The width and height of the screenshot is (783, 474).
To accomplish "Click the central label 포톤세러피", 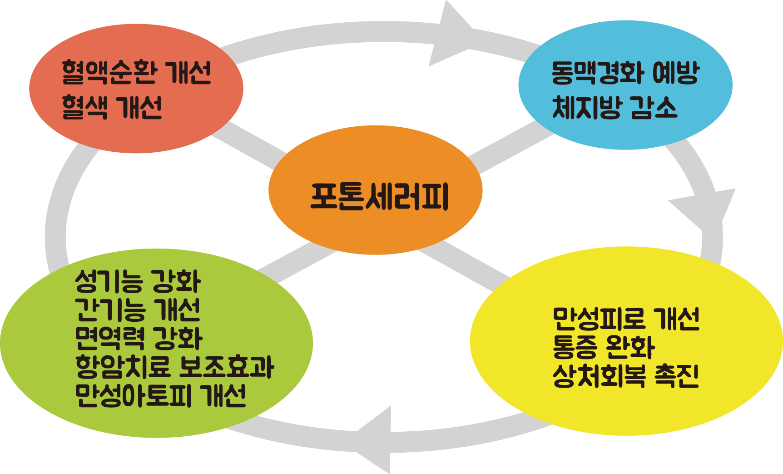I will click(379, 196).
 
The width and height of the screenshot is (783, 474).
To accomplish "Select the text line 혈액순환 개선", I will click(136, 73).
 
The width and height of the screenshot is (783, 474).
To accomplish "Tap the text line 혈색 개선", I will click(112, 108).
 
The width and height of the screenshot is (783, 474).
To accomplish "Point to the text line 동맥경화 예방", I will click(625, 73).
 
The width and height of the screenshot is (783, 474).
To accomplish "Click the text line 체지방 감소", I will click(614, 108).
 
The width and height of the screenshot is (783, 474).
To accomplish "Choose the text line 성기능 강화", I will click(138, 281).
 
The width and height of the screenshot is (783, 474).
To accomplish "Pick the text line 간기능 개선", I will click(138, 310).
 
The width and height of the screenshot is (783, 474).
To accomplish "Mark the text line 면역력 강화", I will click(139, 338).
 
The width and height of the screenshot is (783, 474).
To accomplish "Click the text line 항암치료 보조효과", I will click(174, 367).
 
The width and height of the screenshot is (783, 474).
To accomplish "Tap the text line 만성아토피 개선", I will click(160, 395).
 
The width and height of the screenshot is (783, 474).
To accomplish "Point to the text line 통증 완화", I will click(603, 347).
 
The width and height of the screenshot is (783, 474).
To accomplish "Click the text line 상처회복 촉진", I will click(626, 376).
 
